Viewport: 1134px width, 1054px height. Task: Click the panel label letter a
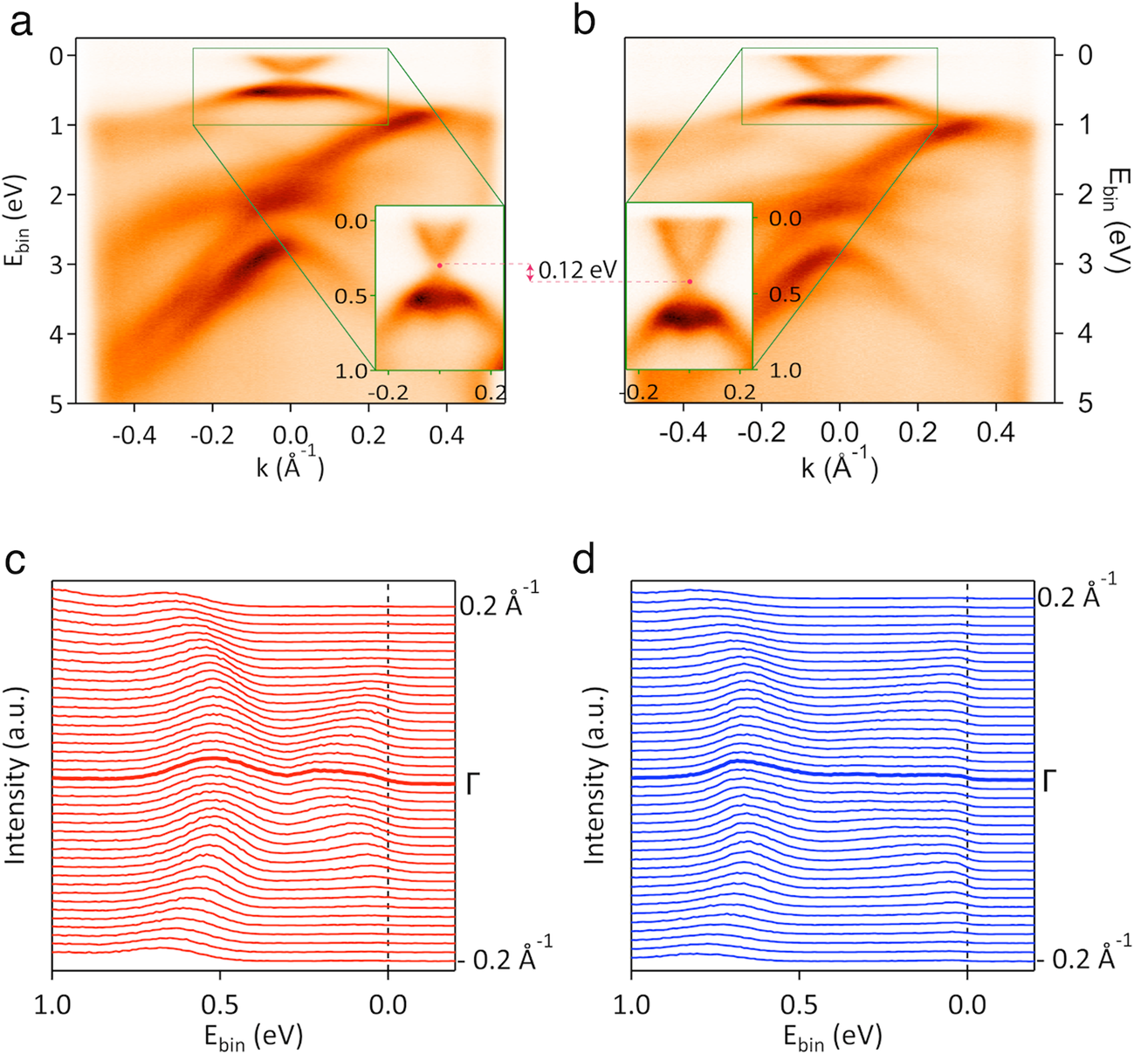21,22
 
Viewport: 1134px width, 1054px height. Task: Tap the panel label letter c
21,561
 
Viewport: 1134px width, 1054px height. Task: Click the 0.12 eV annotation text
578,271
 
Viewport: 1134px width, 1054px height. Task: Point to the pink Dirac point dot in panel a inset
439,265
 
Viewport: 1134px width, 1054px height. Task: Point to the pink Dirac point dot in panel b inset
690,281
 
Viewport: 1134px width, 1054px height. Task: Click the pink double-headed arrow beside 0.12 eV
529,272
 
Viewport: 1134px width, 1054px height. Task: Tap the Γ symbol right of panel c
473,783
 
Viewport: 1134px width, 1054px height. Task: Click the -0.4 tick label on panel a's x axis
134,434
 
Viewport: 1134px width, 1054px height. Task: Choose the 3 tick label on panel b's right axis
1062,264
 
